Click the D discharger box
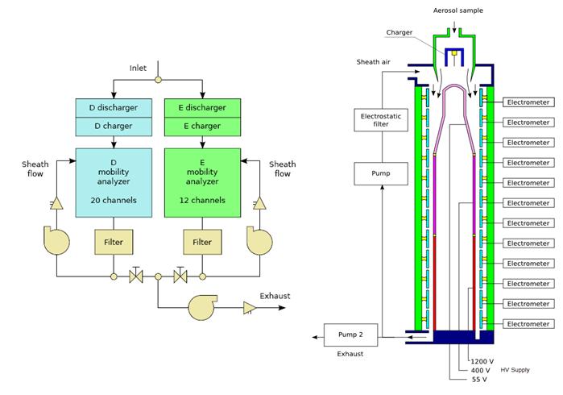coord(113,107)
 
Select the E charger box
coord(201,126)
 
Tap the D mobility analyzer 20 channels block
coord(113,182)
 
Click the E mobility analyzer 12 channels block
coord(201,182)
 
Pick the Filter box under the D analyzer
coord(114,241)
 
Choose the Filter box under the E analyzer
coord(201,241)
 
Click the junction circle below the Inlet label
coord(158,79)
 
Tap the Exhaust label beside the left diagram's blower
coord(275,296)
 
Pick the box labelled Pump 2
coord(344,334)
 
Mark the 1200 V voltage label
coord(482,360)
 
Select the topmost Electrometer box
coord(528,102)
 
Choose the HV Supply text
coord(516,369)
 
